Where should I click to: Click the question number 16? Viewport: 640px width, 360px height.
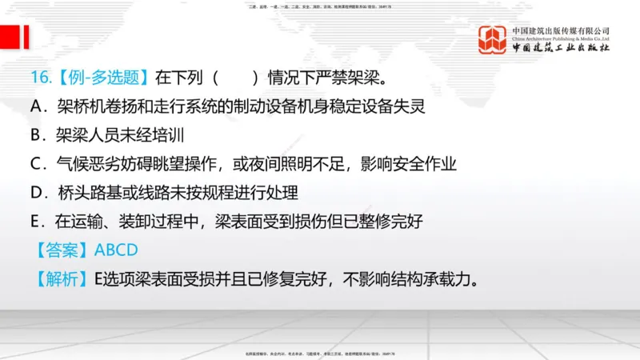[x=41, y=78]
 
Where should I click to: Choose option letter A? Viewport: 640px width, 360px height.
[x=37, y=106]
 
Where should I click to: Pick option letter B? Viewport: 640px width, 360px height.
[x=37, y=134]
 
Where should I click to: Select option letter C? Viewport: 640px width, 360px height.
[x=37, y=164]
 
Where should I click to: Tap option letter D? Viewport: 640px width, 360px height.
[x=37, y=193]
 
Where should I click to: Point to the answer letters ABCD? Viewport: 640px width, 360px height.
[x=116, y=250]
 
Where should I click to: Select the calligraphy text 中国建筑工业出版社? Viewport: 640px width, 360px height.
[x=560, y=48]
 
